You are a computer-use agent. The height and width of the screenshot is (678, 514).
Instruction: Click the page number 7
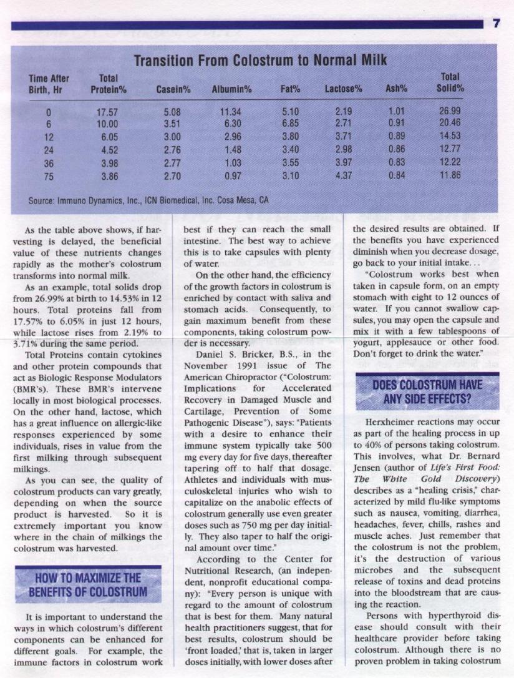497,24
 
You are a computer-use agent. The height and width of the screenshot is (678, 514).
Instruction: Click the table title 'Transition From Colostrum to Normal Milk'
260,61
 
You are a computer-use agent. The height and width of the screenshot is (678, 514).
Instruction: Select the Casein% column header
173,89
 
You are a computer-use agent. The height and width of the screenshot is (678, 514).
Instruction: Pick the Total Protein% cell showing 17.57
109,113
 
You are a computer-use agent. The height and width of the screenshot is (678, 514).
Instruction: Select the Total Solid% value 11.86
449,175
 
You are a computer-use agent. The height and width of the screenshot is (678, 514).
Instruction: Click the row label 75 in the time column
48,175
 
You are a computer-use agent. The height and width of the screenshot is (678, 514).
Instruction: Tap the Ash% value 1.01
396,113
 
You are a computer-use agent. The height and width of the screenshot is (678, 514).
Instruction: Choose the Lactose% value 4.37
344,175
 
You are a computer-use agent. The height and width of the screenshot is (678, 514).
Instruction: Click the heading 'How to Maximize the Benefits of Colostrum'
88,584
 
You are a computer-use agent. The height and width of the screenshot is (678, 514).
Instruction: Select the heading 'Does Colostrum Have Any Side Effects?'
427,391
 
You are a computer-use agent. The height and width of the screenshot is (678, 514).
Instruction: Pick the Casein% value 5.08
172,113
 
